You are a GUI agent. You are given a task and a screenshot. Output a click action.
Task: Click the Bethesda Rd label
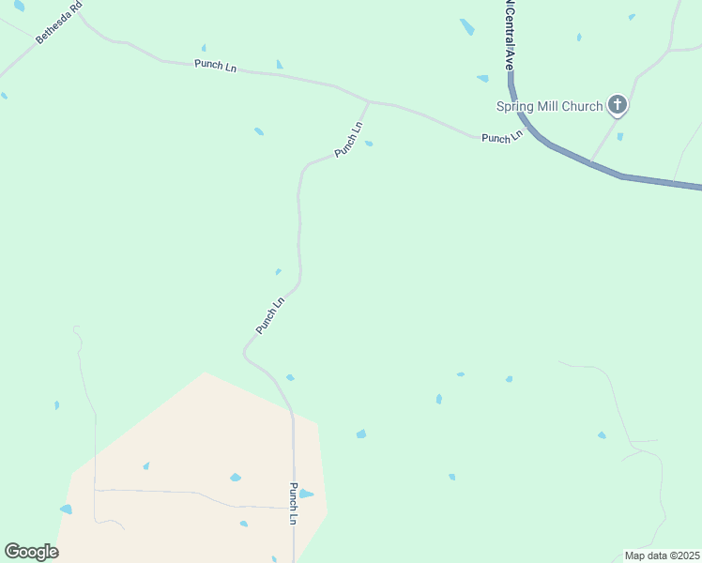point(53,25)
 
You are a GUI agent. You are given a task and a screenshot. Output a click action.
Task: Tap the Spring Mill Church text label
point(549,106)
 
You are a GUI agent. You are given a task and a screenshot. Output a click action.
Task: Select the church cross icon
point(617,105)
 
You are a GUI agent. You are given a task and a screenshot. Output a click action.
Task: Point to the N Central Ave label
point(509,36)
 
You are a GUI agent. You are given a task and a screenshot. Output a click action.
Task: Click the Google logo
point(31,552)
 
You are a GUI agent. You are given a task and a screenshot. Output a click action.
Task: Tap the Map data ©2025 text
point(662,555)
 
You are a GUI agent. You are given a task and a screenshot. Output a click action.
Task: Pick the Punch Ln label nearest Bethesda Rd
point(215,66)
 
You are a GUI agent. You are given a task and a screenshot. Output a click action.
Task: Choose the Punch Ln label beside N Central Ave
point(501,138)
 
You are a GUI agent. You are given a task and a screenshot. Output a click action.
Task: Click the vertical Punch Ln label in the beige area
point(294,504)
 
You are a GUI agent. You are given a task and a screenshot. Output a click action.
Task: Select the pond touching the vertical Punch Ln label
point(306,494)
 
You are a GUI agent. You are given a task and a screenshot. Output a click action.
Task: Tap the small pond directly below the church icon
point(620,137)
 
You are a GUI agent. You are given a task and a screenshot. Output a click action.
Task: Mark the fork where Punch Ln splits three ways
point(368,101)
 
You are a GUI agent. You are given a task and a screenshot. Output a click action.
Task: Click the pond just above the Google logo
point(66,510)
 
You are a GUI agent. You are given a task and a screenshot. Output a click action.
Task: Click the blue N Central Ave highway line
point(582,160)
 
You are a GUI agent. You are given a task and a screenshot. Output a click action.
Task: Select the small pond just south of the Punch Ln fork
point(369,144)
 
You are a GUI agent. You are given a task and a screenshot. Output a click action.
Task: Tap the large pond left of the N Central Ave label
point(466,27)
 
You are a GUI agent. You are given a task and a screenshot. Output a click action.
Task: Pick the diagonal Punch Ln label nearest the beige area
point(269,316)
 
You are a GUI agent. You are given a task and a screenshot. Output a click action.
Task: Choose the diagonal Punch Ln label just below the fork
point(348,140)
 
